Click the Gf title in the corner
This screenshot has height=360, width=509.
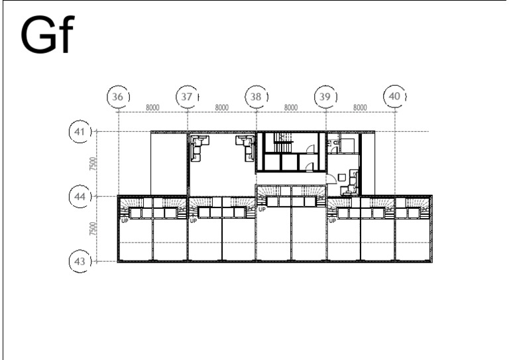point(48,34)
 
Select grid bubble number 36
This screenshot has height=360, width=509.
point(117,96)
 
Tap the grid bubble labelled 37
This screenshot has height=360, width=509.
point(187,96)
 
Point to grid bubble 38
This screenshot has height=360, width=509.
point(256,96)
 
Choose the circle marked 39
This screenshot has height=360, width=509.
point(325,96)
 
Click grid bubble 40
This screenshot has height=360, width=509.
point(395,96)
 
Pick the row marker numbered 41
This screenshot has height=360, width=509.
point(80,131)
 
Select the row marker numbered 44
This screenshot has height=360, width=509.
point(80,196)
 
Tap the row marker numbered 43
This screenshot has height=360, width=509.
point(80,261)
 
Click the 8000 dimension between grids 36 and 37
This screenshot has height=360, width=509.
point(152,107)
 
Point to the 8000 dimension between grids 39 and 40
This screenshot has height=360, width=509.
point(360,107)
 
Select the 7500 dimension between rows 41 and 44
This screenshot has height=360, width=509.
point(93,164)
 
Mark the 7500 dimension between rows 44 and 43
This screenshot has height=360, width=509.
point(93,229)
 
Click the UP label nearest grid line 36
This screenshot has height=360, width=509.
point(125,221)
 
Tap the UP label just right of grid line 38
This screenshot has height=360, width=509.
point(262,210)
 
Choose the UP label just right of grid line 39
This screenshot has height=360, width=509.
point(333,221)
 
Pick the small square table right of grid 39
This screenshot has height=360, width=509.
point(341,177)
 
